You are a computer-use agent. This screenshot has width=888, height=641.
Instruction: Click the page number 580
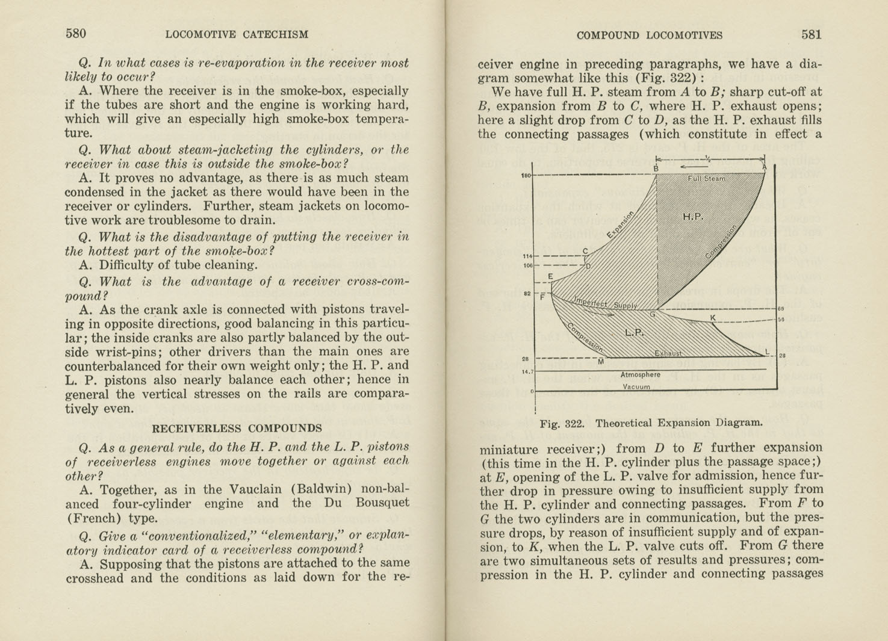click(x=76, y=34)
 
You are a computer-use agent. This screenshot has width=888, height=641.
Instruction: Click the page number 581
click(x=811, y=34)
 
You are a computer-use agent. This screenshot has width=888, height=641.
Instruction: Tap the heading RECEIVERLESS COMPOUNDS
click(x=237, y=429)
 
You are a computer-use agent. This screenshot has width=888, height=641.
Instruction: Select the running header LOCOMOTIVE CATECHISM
click(x=237, y=35)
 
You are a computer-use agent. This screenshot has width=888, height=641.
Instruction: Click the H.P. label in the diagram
click(x=693, y=217)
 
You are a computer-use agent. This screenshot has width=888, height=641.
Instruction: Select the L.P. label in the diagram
click(x=635, y=332)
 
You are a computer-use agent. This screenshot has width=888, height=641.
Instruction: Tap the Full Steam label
click(x=707, y=178)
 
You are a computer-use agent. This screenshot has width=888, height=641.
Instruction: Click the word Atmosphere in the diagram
click(x=641, y=374)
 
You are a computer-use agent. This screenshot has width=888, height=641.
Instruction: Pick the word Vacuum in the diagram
click(x=636, y=387)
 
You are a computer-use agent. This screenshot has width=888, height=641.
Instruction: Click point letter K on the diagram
click(x=713, y=317)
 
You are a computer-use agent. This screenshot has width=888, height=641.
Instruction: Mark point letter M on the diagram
click(x=601, y=362)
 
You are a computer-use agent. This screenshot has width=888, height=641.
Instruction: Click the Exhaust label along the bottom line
click(x=668, y=353)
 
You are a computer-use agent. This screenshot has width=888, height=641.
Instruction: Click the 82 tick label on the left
click(x=527, y=294)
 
